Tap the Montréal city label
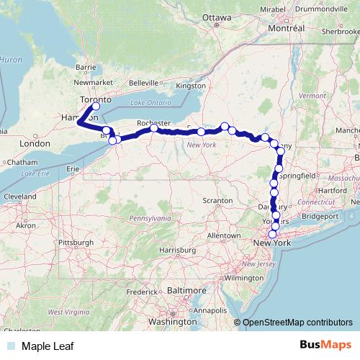pyautogui.click(x=287, y=28)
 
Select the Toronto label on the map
pyautogui.click(x=91, y=98)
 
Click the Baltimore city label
pyautogui.click(x=186, y=290)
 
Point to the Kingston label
pyautogui.click(x=190, y=86)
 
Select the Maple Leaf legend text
pyautogui.click(x=48, y=346)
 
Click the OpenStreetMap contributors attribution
pyautogui.click(x=297, y=323)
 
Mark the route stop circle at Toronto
pyautogui.click(x=96, y=107)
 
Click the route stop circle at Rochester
pyautogui.click(x=154, y=129)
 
